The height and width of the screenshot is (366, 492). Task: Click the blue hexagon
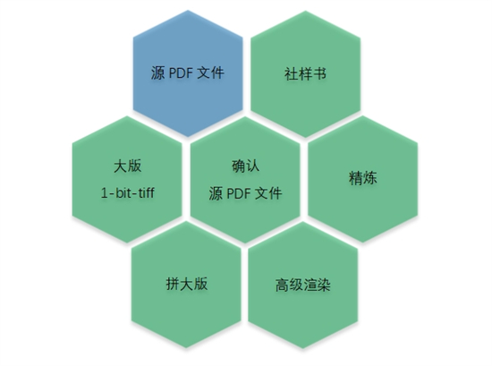coord(188,73)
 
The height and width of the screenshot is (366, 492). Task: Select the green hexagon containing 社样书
coord(306,74)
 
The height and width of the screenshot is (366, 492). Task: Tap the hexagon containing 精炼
coord(362,179)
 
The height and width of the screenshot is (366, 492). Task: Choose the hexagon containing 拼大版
coord(186,285)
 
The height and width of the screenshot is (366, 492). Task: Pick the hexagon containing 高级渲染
coord(303,285)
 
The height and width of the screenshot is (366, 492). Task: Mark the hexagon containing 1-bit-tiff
coord(127,179)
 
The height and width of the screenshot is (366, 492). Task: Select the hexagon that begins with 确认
coord(245,180)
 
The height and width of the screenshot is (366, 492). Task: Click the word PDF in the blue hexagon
coord(181,73)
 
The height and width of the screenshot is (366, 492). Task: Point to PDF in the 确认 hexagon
coord(239,193)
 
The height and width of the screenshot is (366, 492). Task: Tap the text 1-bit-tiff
coord(127,192)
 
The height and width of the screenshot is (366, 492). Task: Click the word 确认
coord(245,166)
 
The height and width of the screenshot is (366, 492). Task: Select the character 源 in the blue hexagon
coord(157,73)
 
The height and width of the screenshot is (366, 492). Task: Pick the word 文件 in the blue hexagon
coord(210,73)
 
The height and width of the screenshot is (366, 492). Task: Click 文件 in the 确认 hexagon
coord(268,193)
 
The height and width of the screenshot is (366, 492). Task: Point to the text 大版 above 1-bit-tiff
coord(127,166)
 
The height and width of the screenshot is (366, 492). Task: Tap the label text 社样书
coord(305,74)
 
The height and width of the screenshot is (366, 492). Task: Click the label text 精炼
coord(362,178)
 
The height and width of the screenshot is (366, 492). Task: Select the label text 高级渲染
coord(303,285)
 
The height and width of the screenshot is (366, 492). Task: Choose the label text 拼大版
coord(187,284)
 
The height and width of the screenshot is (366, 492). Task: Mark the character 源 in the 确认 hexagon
coord(216,193)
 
